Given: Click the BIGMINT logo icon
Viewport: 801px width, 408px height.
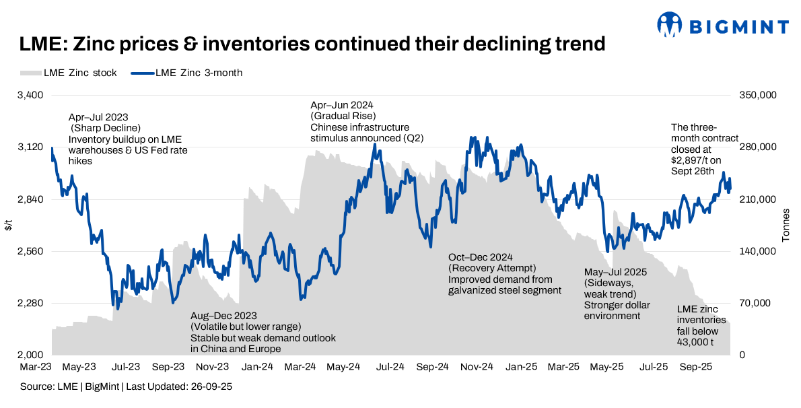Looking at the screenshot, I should pyautogui.click(x=670, y=26).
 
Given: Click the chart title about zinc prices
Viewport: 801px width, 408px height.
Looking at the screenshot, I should pyautogui.click(x=312, y=45).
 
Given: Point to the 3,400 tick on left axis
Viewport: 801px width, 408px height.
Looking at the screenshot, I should pyautogui.click(x=30, y=96).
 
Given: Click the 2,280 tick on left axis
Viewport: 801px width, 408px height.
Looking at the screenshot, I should pyautogui.click(x=30, y=303).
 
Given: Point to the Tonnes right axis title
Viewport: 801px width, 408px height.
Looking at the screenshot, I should pyautogui.click(x=786, y=225).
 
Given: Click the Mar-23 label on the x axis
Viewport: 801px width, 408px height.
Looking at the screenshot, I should pyautogui.click(x=36, y=368).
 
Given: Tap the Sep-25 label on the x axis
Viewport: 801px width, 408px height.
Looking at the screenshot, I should pyautogui.click(x=696, y=368).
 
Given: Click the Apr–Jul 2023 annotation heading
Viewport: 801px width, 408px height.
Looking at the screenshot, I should pyautogui.click(x=98, y=117).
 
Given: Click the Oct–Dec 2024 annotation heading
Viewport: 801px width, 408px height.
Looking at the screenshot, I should pyautogui.click(x=481, y=258).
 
